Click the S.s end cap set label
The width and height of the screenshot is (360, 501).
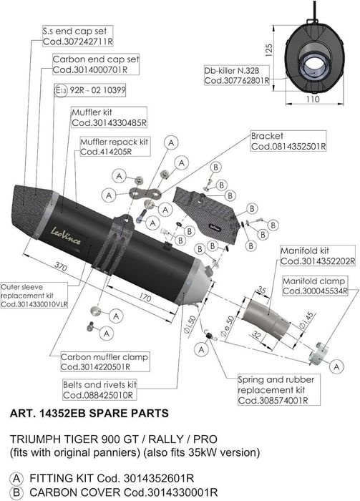click(x=77, y=36)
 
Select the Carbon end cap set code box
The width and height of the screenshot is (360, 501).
click(x=96, y=64)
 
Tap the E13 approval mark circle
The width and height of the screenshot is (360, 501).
click(x=61, y=91)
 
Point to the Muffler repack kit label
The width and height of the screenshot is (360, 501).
click(x=115, y=147)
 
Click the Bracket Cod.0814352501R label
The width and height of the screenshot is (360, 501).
click(x=288, y=141)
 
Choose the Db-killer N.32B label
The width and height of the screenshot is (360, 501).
click(x=237, y=75)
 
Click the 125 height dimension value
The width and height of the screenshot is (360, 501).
click(x=269, y=51)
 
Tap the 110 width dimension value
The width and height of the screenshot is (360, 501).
click(x=312, y=99)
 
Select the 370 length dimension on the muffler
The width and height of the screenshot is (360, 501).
click(x=60, y=266)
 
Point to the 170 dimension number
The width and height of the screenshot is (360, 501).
click(x=145, y=298)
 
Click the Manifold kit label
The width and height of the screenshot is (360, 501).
click(x=318, y=256)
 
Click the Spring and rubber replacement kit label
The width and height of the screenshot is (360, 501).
click(x=278, y=390)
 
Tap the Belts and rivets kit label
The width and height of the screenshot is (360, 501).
click(x=99, y=390)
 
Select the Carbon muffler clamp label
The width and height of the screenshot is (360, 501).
click(x=105, y=361)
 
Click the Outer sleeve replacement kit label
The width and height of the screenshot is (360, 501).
click(x=34, y=296)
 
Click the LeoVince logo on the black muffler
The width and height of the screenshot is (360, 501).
click(x=66, y=235)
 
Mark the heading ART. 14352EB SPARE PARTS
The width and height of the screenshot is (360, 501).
click(x=89, y=413)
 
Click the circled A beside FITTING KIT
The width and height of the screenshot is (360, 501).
click(x=16, y=479)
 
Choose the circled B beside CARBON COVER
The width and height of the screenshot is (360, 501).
click(x=16, y=492)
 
